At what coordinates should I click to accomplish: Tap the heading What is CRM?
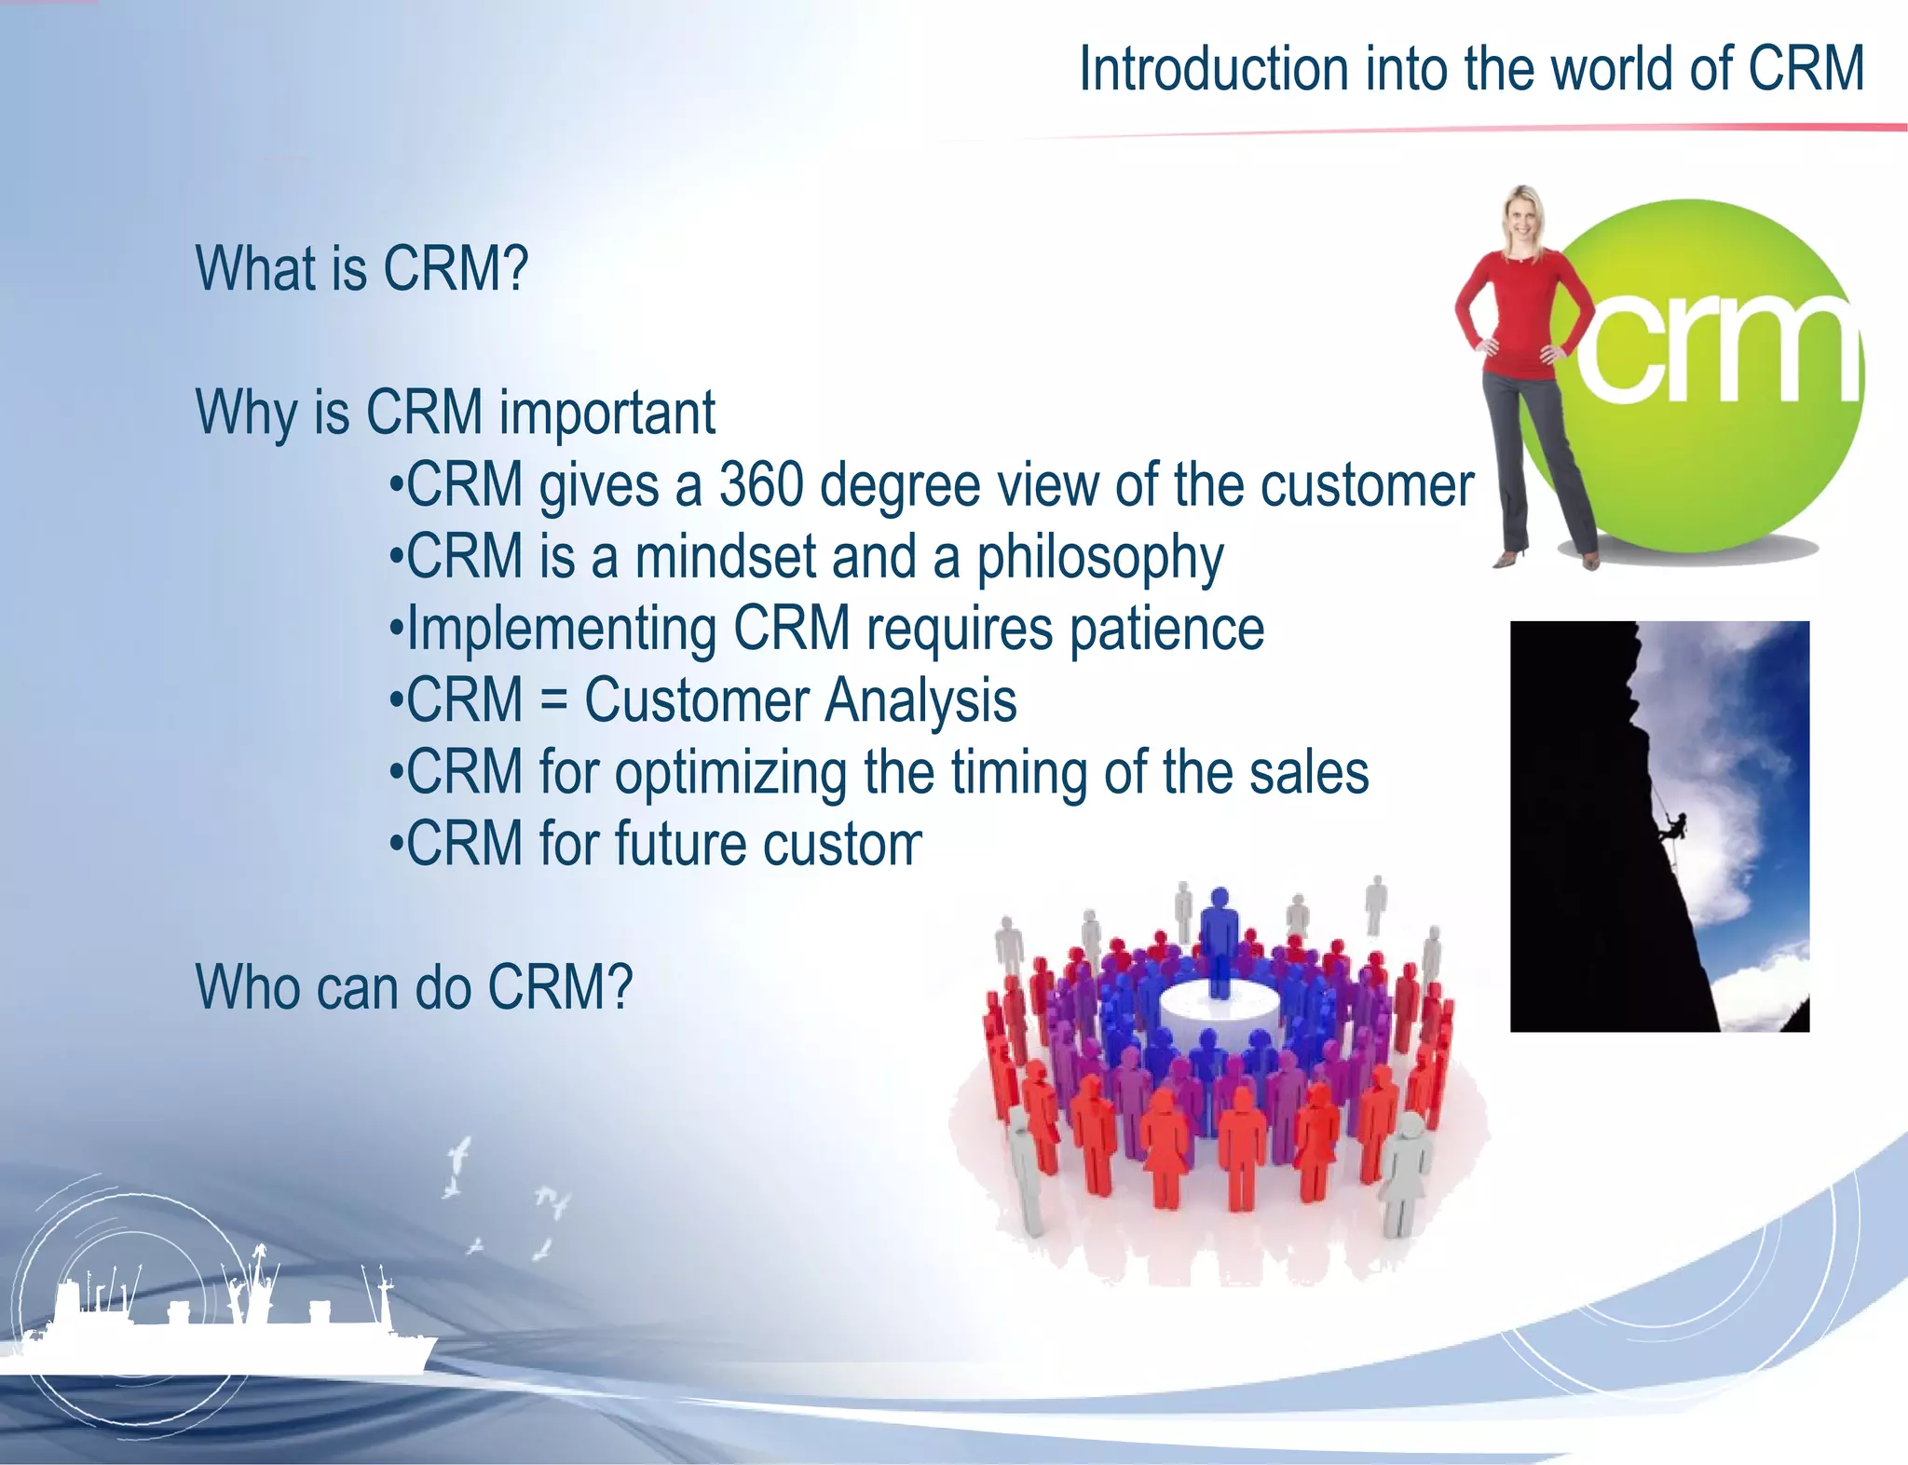click(x=361, y=269)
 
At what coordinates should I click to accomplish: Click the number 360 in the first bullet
click(x=760, y=485)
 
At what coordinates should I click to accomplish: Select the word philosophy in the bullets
click(x=1099, y=559)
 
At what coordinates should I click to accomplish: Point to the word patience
click(x=1166, y=631)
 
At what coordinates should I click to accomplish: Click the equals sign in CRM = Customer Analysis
click(x=553, y=700)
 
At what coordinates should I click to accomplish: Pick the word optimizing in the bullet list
click(x=729, y=774)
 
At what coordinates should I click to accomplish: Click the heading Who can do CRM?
click(x=414, y=987)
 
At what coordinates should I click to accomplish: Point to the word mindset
click(x=724, y=557)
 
